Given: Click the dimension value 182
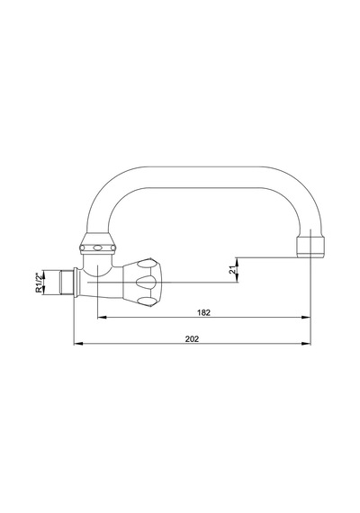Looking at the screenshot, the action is pos(203,313).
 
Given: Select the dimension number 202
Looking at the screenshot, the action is pos(192,339).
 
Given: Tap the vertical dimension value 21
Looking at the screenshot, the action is pos(232,270).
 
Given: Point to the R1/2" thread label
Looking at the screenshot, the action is pos(39,283).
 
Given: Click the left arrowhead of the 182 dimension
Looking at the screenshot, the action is pos(103,317).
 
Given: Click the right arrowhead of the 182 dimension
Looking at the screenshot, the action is pos(306,317).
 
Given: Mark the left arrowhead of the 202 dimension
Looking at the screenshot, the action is pos(78,344).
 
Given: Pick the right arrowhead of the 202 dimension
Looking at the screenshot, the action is pos(306,344).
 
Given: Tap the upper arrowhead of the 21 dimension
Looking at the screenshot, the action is pos(238,262).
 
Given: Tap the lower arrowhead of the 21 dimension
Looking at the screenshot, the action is pos(238,277).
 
